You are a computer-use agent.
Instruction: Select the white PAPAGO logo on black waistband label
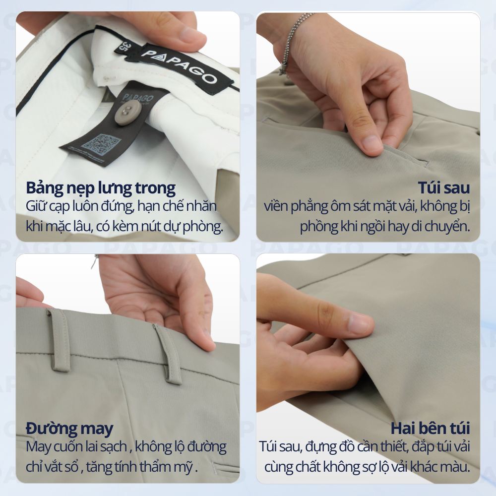click(x=179, y=66)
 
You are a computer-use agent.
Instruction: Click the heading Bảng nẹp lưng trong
click(x=101, y=188)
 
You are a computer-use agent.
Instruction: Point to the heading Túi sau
click(x=443, y=187)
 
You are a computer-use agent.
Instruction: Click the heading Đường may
click(x=69, y=429)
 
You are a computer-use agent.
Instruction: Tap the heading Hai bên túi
click(x=430, y=429)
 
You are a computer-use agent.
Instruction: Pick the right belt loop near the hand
click(x=168, y=354)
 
